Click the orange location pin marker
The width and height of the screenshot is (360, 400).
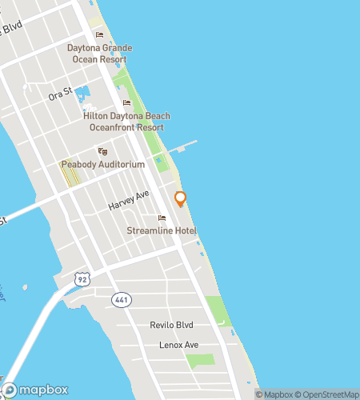click(180, 199)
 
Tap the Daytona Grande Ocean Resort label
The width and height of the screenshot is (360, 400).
click(100, 53)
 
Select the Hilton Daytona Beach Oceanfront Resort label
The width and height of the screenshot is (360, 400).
click(126, 121)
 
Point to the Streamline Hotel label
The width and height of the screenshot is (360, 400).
click(162, 231)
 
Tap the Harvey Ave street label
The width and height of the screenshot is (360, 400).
click(129, 200)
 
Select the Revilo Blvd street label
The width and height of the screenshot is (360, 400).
click(173, 325)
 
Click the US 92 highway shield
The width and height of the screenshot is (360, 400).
click(82, 278)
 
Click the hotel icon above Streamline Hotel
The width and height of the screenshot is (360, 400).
click(162, 218)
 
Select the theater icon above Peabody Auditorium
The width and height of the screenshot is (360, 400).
click(102, 151)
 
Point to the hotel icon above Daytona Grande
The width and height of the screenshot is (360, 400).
click(100, 34)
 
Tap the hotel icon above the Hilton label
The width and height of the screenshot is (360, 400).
click(126, 102)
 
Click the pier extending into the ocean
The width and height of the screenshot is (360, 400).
click(184, 146)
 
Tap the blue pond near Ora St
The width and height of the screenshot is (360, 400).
click(82, 102)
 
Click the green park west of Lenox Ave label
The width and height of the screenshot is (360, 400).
click(200, 361)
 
